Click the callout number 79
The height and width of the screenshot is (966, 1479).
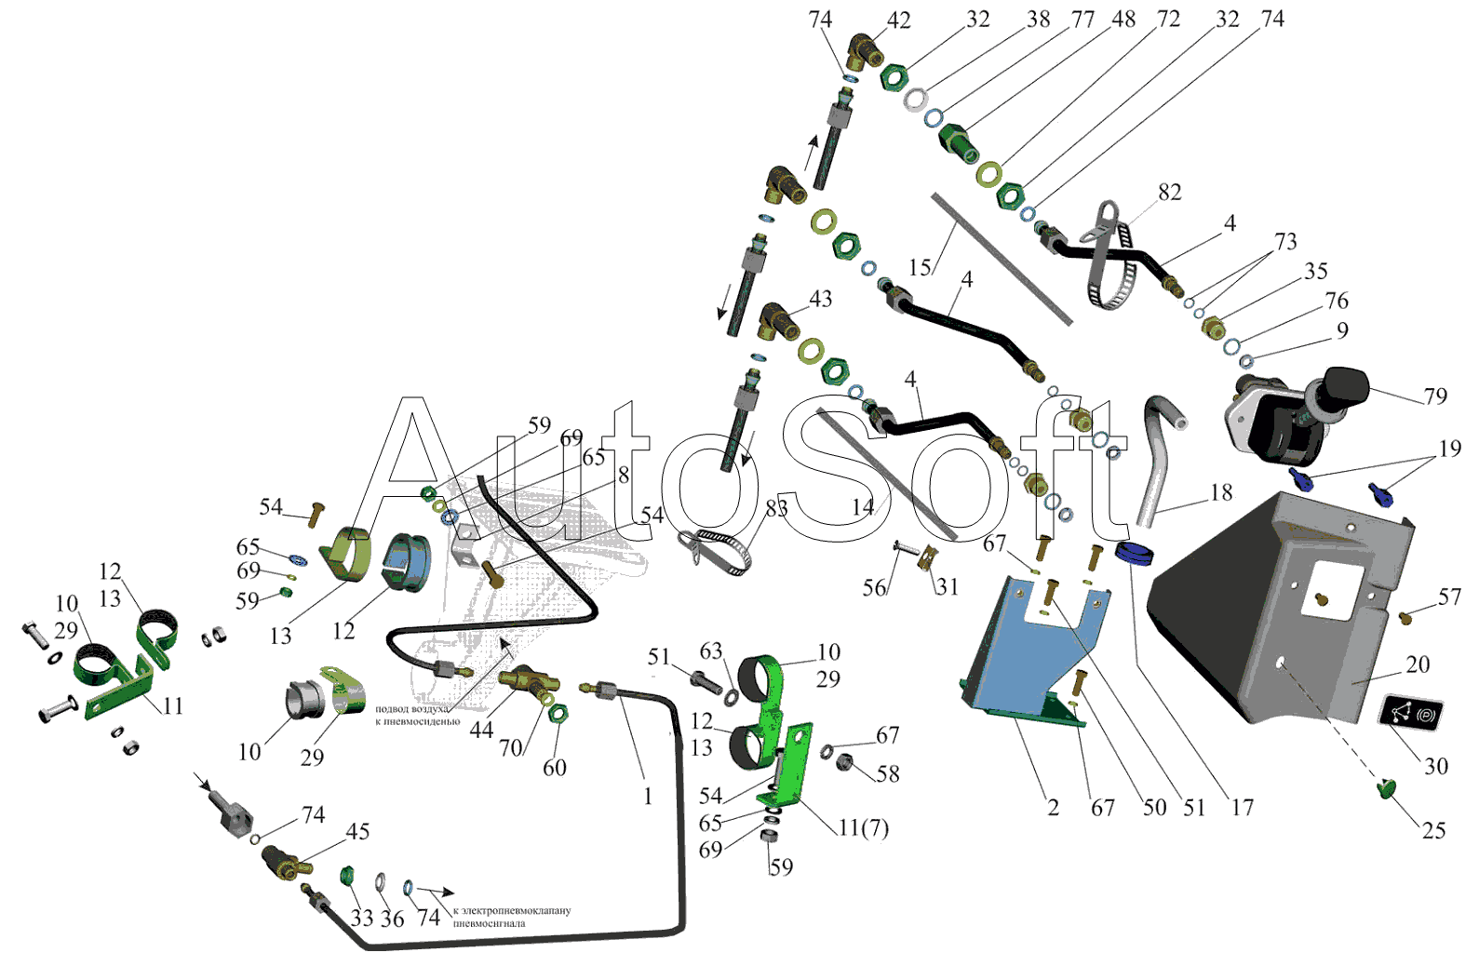tap(1435, 396)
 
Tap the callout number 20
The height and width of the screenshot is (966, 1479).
tap(1417, 664)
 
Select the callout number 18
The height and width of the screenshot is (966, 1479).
tap(1221, 492)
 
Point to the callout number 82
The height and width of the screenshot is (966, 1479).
tap(1169, 193)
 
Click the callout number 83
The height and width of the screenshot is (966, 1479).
tap(776, 508)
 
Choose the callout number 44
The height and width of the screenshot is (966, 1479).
tap(481, 731)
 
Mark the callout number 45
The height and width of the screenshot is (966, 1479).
tap(357, 831)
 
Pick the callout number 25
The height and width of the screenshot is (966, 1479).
tap(1433, 830)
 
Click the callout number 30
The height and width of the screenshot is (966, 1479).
tap(1436, 766)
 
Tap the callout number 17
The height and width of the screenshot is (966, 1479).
tap(1243, 808)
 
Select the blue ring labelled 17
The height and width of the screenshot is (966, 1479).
tap(1135, 553)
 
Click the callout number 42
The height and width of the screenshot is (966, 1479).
tap(898, 20)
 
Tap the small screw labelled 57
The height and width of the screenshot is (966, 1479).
tap(1406, 616)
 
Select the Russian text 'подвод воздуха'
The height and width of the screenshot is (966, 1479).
tap(411, 709)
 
